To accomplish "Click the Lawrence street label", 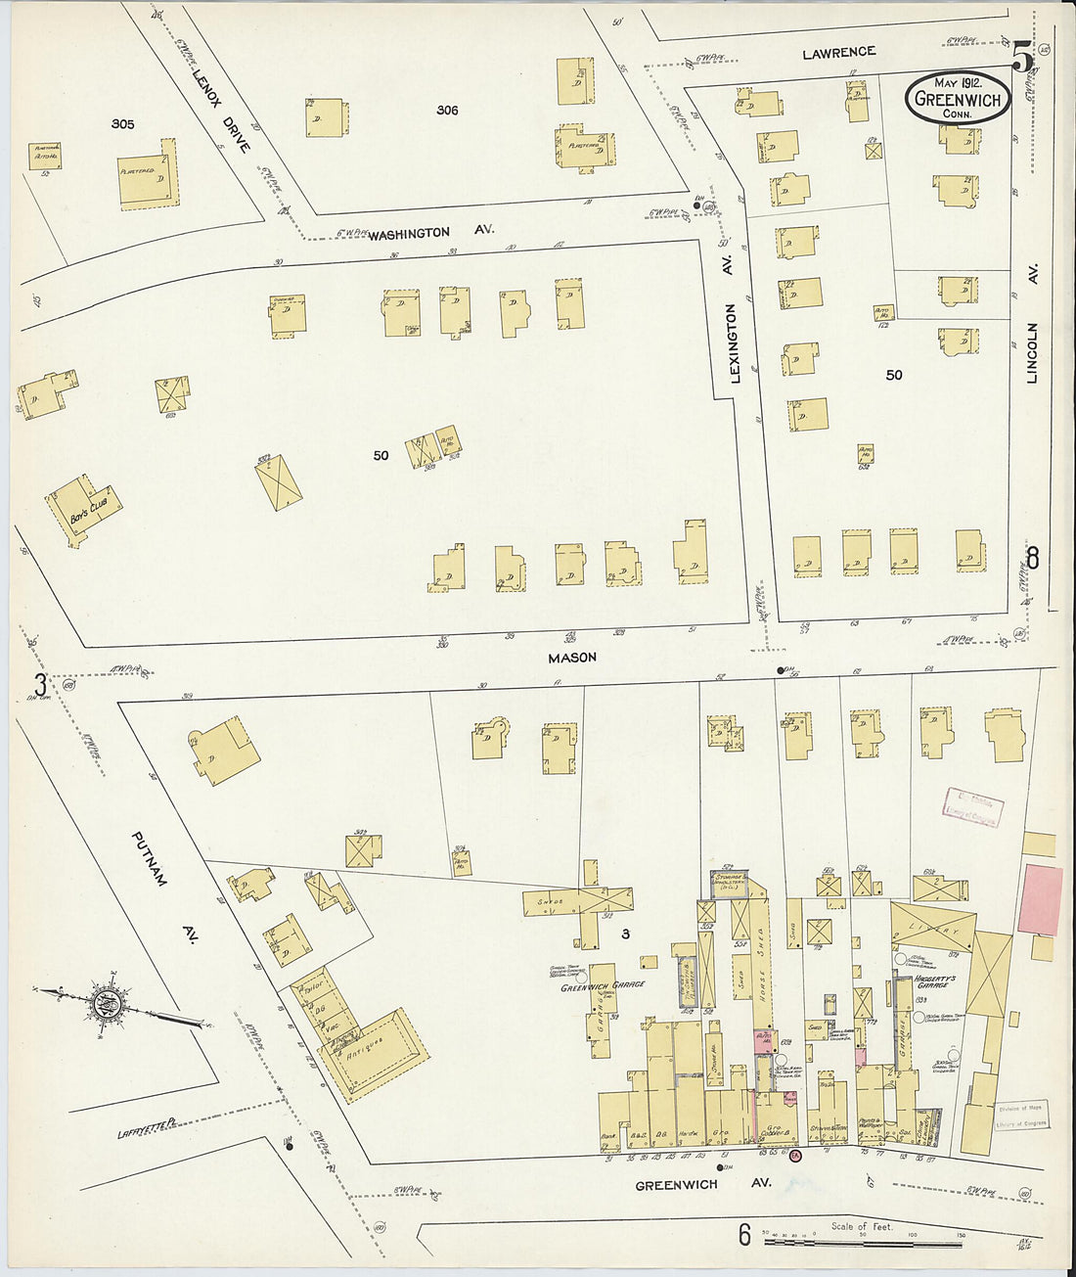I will coord(838,53).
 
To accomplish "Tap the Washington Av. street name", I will coord(430,233).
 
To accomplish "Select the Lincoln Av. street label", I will coord(1032,323).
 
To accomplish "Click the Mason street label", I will coord(572,658).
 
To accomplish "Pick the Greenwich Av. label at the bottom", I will coord(702,1184).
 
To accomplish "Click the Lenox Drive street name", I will coord(221,110).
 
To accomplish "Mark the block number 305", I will coord(122,124).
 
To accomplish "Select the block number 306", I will coord(447,111).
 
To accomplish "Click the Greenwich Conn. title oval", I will coord(957,99).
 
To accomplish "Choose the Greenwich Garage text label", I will coord(602,986).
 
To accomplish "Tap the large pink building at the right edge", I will coord(1040,899).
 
